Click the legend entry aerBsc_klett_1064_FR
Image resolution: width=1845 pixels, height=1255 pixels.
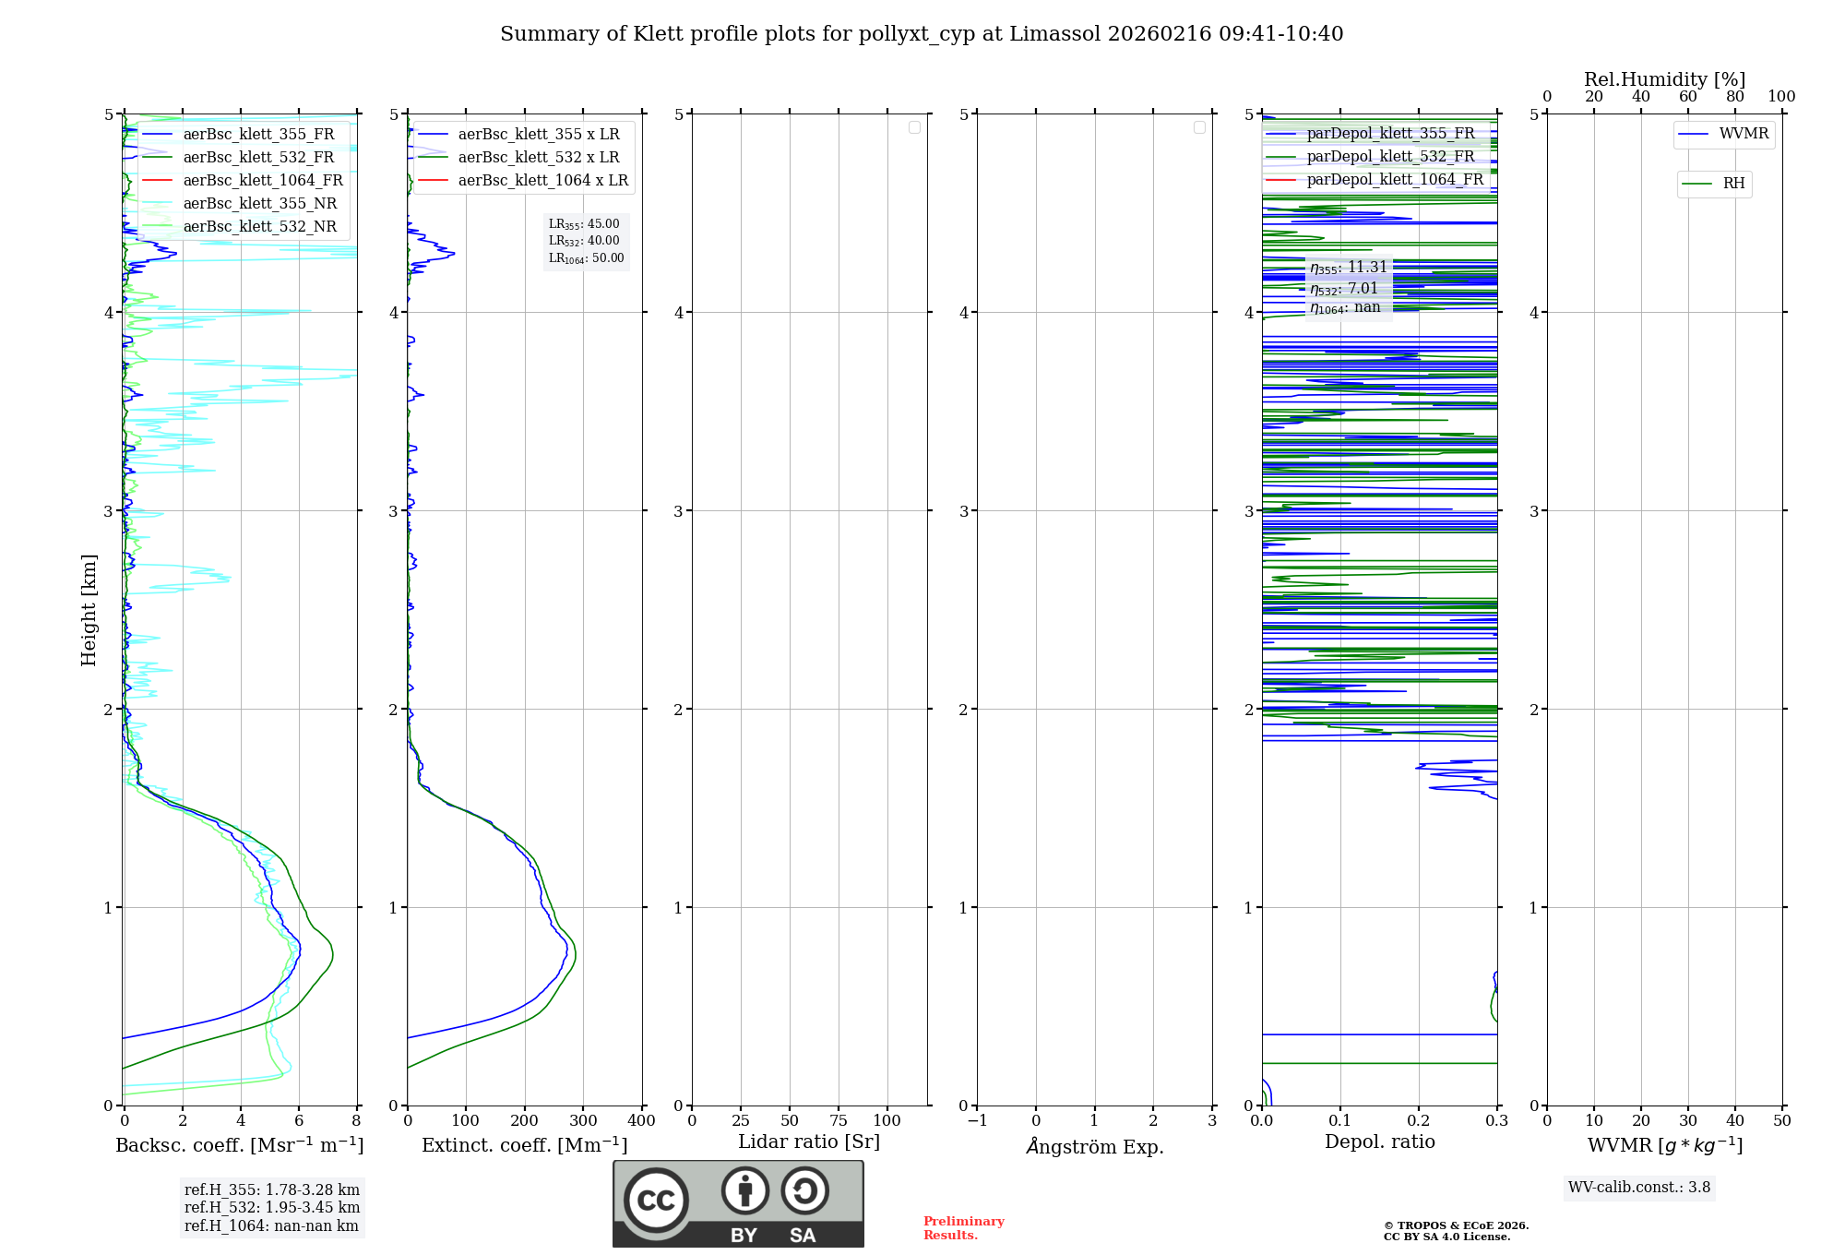pos(263,181)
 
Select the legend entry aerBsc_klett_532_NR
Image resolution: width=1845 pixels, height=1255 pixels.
pos(260,227)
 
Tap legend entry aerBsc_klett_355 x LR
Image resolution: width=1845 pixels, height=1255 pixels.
pos(539,135)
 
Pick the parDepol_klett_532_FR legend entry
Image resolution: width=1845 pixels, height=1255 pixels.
pos(1390,157)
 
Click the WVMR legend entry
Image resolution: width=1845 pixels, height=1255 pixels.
pos(1744,134)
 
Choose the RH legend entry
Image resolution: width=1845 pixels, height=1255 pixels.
pos(1733,184)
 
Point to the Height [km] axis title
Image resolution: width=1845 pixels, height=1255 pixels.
pos(89,610)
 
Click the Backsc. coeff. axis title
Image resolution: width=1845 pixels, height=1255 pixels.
pos(240,1145)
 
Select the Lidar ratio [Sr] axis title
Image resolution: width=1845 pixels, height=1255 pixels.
pos(809,1141)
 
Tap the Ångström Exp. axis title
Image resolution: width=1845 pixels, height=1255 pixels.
pos(1095,1147)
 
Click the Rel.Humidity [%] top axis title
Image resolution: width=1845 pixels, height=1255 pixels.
pos(1664,79)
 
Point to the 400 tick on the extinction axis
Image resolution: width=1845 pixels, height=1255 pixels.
pos(641,1121)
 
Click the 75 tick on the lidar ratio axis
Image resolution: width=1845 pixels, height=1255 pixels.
pos(838,1121)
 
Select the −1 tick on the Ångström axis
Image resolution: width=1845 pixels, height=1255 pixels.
pos(978,1121)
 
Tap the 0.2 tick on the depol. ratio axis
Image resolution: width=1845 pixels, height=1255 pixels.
pos(1419,1121)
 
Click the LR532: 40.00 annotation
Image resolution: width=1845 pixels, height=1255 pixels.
pos(585,241)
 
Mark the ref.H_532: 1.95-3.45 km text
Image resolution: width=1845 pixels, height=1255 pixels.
pos(272,1208)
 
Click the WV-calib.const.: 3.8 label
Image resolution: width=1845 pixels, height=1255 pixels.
pos(1639,1188)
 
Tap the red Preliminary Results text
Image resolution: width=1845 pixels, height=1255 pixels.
pos(963,1228)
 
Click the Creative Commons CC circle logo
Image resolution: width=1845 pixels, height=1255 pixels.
pos(656,1200)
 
